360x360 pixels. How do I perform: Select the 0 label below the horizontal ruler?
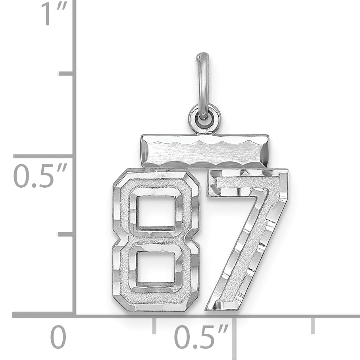click(58, 337)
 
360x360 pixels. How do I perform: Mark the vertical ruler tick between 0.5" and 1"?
click(66, 73)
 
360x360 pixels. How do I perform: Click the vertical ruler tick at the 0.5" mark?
click(44, 156)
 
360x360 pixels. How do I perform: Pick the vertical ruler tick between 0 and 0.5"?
click(66, 234)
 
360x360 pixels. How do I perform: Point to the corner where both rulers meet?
click(74, 315)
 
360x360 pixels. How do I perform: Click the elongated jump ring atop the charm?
click(203, 83)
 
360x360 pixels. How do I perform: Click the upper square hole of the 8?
click(156, 211)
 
